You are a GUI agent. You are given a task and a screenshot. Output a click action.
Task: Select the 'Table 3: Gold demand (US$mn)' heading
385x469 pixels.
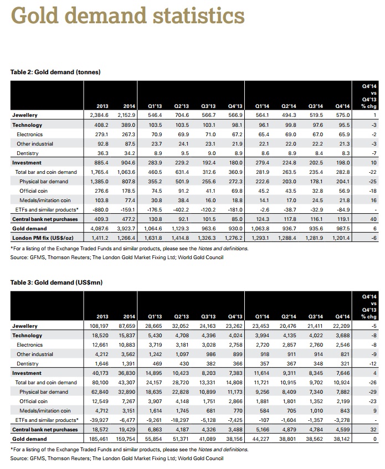[57, 282]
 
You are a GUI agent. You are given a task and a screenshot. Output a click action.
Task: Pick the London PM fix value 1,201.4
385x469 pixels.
[341, 238]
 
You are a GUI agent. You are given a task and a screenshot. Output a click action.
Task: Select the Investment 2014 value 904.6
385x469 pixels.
[127, 163]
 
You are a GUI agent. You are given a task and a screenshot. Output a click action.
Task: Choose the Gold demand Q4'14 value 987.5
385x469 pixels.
[341, 228]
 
